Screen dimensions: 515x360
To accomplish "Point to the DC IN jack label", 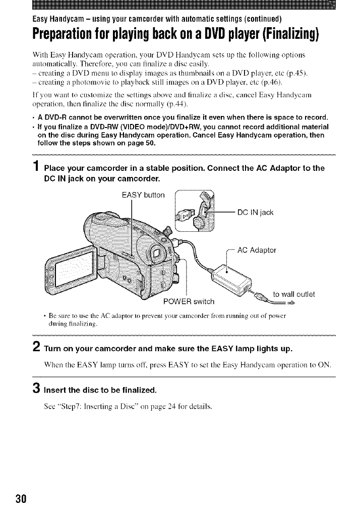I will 255,212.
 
